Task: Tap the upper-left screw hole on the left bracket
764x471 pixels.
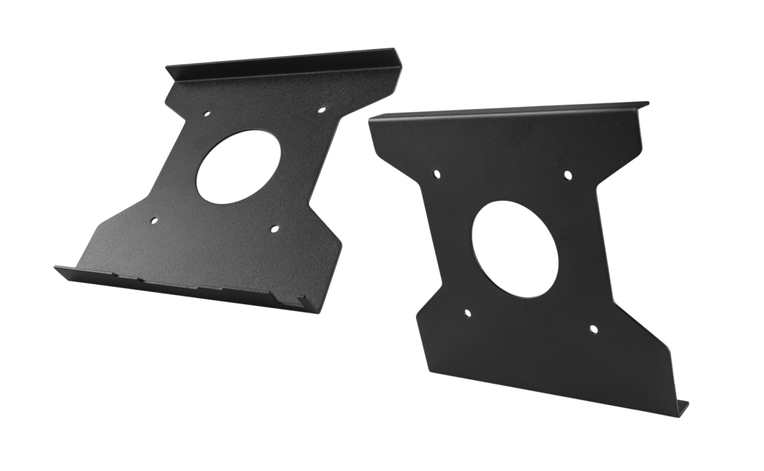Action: point(206,113)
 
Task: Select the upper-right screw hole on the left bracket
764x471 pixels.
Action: point(321,108)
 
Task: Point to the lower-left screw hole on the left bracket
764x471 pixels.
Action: point(153,220)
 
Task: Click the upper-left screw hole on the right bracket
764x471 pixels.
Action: point(436,175)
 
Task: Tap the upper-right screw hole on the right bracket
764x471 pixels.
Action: point(567,176)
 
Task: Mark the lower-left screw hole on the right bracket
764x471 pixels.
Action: point(467,312)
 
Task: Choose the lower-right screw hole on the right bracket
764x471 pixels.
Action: point(593,328)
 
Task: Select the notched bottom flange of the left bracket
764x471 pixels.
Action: point(181,285)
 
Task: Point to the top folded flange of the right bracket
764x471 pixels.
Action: point(509,113)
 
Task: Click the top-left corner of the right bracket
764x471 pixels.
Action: point(371,121)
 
